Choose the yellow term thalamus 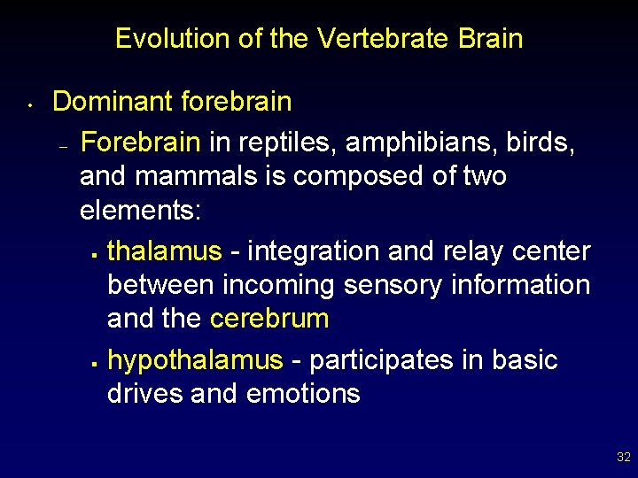pyautogui.click(x=164, y=251)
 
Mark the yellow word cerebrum pyautogui.click(x=269, y=319)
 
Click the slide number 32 pyautogui.click(x=623, y=458)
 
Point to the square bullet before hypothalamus pyautogui.click(x=93, y=363)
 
